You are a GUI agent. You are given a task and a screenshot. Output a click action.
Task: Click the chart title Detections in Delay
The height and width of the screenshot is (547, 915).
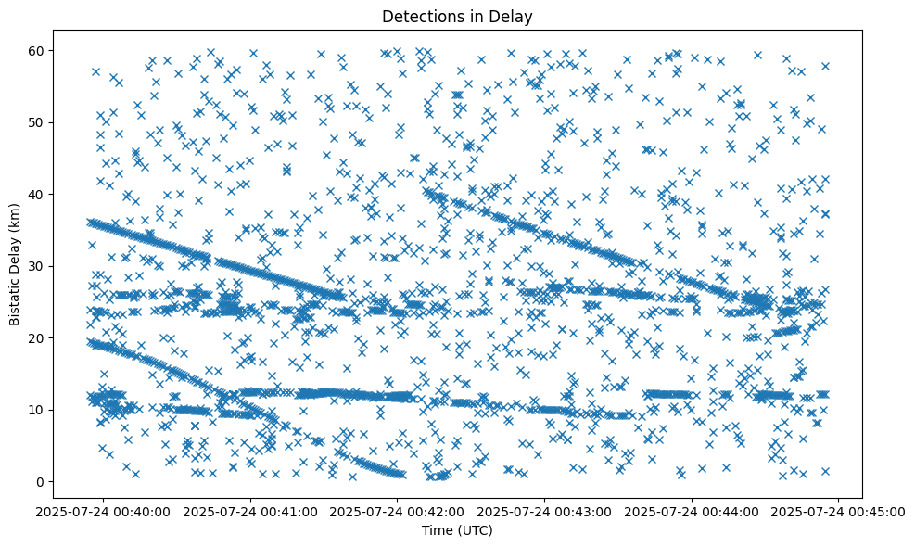(457, 16)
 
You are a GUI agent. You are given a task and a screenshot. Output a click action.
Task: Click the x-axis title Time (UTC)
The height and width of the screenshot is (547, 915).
(457, 530)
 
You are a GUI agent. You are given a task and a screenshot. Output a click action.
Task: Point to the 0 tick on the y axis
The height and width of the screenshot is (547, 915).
(41, 481)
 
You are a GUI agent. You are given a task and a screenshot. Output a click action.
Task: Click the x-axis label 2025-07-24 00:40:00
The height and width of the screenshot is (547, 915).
(104, 511)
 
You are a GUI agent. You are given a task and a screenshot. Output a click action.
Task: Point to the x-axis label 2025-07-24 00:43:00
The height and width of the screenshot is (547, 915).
(545, 511)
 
